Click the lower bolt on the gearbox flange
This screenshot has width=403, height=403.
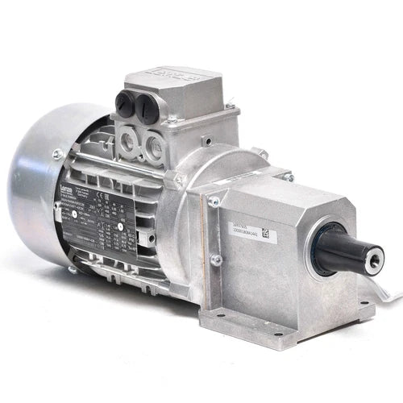point(216,260)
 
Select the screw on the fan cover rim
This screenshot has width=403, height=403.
point(57,154)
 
